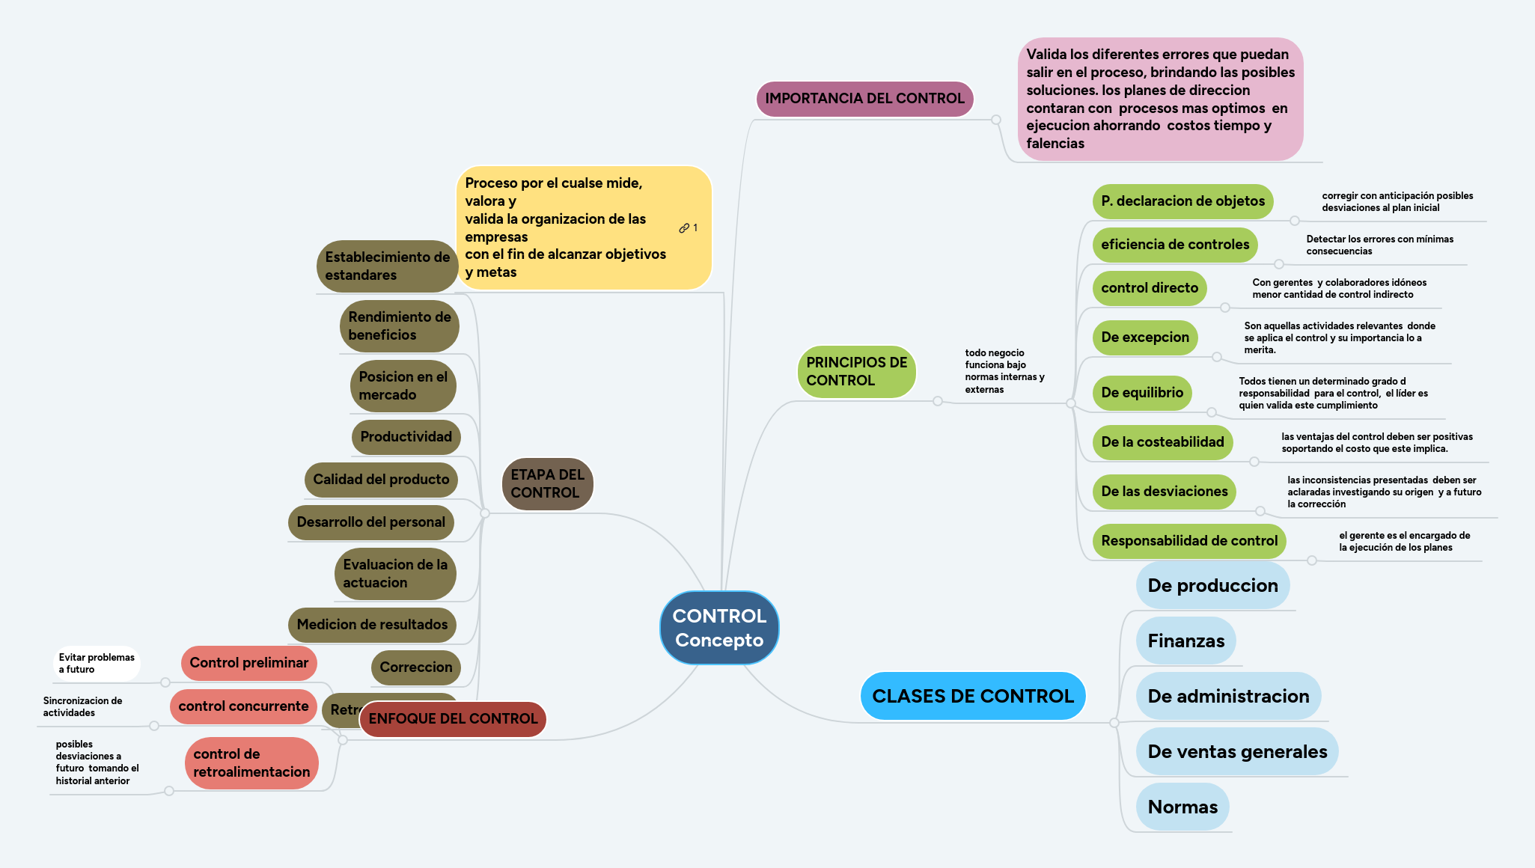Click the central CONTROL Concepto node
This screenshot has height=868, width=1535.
point(719,628)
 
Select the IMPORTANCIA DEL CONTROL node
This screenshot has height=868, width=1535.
point(864,99)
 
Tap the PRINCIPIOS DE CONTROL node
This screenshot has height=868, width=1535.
point(856,371)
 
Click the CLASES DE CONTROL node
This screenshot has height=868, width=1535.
point(972,696)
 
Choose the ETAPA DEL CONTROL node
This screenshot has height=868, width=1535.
point(547,483)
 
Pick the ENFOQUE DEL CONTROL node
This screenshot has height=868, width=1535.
point(453,719)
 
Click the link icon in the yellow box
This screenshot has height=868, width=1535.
point(684,228)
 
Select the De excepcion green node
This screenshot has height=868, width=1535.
point(1144,337)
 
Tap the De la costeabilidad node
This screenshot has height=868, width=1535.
point(1162,442)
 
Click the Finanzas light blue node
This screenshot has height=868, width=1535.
point(1185,641)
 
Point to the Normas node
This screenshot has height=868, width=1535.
point(1182,807)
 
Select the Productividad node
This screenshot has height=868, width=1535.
point(406,437)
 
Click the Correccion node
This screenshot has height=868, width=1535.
point(415,667)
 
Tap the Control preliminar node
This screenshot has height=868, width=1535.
point(248,663)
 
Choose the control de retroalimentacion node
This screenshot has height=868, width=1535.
point(251,763)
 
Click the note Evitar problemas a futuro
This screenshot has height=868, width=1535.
point(97,664)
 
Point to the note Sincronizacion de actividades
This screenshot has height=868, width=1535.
point(82,707)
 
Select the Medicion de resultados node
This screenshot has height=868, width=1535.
point(372,625)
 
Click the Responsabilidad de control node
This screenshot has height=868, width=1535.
point(1188,541)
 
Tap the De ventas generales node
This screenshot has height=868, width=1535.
point(1236,752)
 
